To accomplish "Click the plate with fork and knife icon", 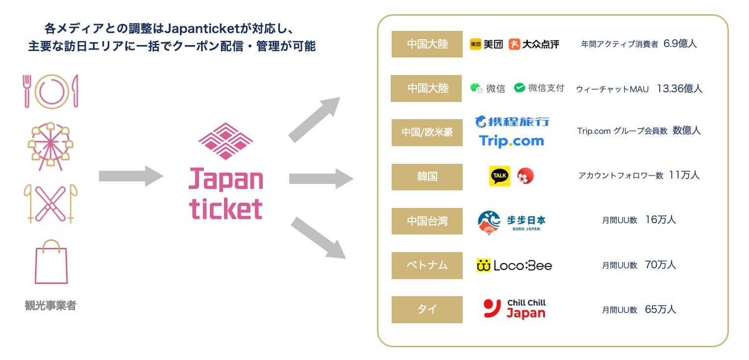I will tap(51, 91).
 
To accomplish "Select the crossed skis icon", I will tap(51, 203).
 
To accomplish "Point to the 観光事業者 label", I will tap(50, 306).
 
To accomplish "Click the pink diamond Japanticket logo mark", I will tap(225, 141).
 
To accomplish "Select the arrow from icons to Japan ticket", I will tap(130, 176).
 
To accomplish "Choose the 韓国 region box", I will tap(427, 177).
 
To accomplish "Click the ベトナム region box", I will tap(427, 265).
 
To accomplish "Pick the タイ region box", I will tap(427, 309).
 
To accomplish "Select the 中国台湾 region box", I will tap(427, 221).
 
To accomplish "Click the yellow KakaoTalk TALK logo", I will tap(499, 176).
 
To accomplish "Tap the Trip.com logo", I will tap(511, 141).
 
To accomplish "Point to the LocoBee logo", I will tap(514, 266).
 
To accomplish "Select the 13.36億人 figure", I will tap(679, 89).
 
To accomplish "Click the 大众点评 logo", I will tap(534, 44).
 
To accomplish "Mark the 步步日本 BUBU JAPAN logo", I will tap(511, 222).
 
